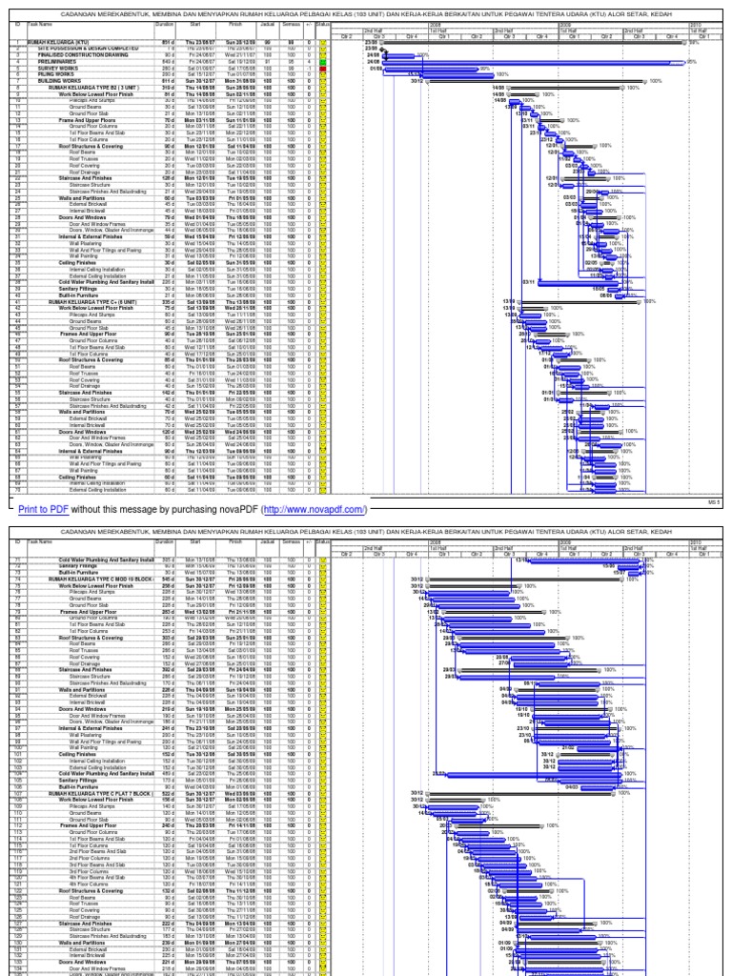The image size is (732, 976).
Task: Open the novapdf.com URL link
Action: (314, 510)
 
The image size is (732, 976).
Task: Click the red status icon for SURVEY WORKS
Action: (323, 69)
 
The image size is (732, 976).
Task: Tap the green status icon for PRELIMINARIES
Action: (323, 63)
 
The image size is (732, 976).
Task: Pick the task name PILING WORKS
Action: (58, 74)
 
